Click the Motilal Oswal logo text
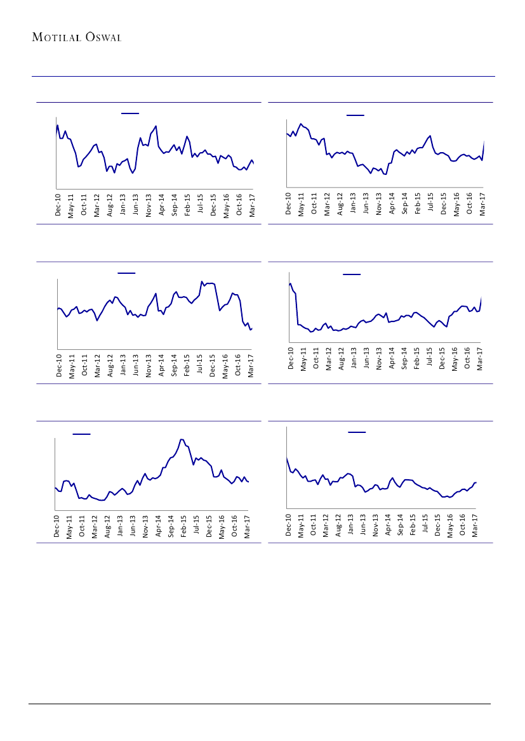point(77,37)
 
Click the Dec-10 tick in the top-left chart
point(58,205)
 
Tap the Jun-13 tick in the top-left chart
point(136,205)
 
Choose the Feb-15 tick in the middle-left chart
point(187,365)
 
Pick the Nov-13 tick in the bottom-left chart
point(145,525)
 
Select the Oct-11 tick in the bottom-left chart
point(82,525)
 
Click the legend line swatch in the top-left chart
point(130,113)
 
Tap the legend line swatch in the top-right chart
point(356,115)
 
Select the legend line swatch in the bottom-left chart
point(81,434)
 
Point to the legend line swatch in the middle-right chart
point(352,274)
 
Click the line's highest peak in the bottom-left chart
point(182,439)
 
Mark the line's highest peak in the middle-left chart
point(202,281)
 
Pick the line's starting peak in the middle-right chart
point(290,283)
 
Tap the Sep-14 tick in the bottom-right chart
point(401,525)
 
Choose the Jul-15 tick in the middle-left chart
point(200,365)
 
